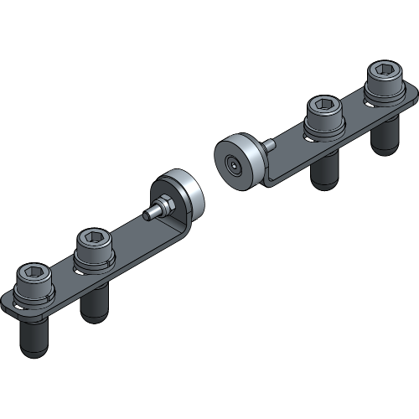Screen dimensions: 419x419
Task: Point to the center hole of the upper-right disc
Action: coord(231,163)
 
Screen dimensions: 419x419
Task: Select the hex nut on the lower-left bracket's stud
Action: coord(164,204)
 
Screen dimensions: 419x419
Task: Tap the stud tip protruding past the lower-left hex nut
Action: coord(148,214)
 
